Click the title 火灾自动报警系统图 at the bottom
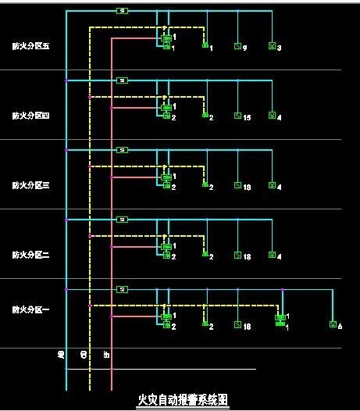point(183,399)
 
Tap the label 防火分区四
point(31,116)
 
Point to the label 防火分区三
point(31,185)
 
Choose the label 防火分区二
point(31,255)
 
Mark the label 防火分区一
point(31,310)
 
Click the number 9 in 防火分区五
point(245,48)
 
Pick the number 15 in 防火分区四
point(247,117)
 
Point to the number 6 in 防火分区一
point(340,325)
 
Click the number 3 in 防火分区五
point(279,48)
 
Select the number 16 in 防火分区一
point(247,325)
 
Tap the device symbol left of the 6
point(333,324)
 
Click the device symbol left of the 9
point(237,47)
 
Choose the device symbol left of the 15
point(237,116)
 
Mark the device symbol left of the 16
point(237,324)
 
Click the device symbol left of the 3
point(271,47)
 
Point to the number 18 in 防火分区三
point(247,187)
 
